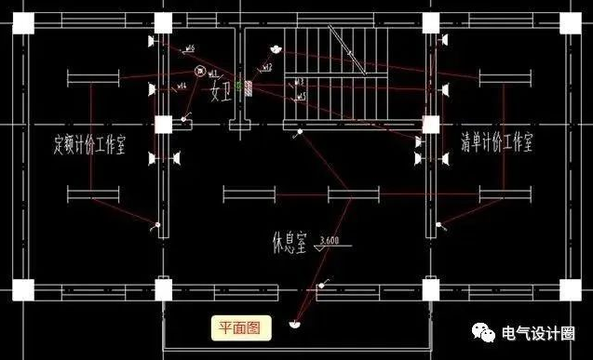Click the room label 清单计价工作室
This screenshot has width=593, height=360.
coord(498,142)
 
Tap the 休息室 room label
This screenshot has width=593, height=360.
coord(285,244)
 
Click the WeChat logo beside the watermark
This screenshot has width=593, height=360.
coord(509,334)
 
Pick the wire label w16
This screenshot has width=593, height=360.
coord(189,48)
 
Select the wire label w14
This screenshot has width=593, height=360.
coord(182,86)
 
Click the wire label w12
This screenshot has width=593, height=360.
coord(266,68)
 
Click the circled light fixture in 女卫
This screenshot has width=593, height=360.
coord(198,72)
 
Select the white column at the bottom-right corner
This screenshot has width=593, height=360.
coord(430,289)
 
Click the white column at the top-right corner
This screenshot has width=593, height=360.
coord(430,22)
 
